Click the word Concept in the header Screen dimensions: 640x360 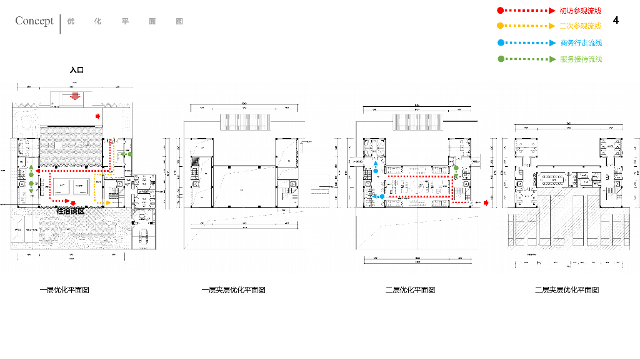click(34, 21)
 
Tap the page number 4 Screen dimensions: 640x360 click(616, 21)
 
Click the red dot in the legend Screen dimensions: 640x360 click(500, 11)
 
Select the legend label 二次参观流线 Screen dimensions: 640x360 click(581, 26)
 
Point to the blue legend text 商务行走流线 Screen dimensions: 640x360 click(581, 43)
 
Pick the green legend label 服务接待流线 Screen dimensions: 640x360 click(581, 59)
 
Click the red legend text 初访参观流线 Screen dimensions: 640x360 click(581, 11)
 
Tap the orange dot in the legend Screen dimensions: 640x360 click(500, 26)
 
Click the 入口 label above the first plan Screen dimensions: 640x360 click(76, 71)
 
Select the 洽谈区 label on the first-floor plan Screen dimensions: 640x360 click(70, 211)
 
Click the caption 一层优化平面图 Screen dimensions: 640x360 click(64, 290)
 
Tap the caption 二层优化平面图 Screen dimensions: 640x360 click(410, 290)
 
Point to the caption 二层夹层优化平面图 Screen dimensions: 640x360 click(567, 290)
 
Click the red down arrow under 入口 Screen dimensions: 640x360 click(75, 96)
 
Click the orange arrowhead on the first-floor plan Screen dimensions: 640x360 click(109, 203)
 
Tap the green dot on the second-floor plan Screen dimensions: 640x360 click(456, 168)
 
